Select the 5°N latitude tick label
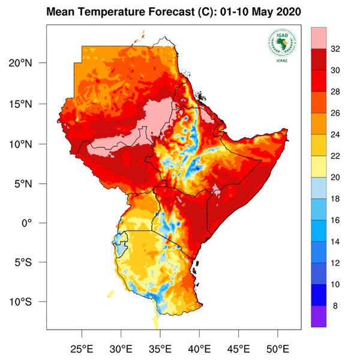click(28, 184)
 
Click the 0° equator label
click(32, 223)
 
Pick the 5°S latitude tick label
click(28, 262)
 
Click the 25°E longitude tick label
click(82, 348)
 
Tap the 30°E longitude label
click(121, 348)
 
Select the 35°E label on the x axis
click(160, 348)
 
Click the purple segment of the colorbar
click(319, 316)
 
